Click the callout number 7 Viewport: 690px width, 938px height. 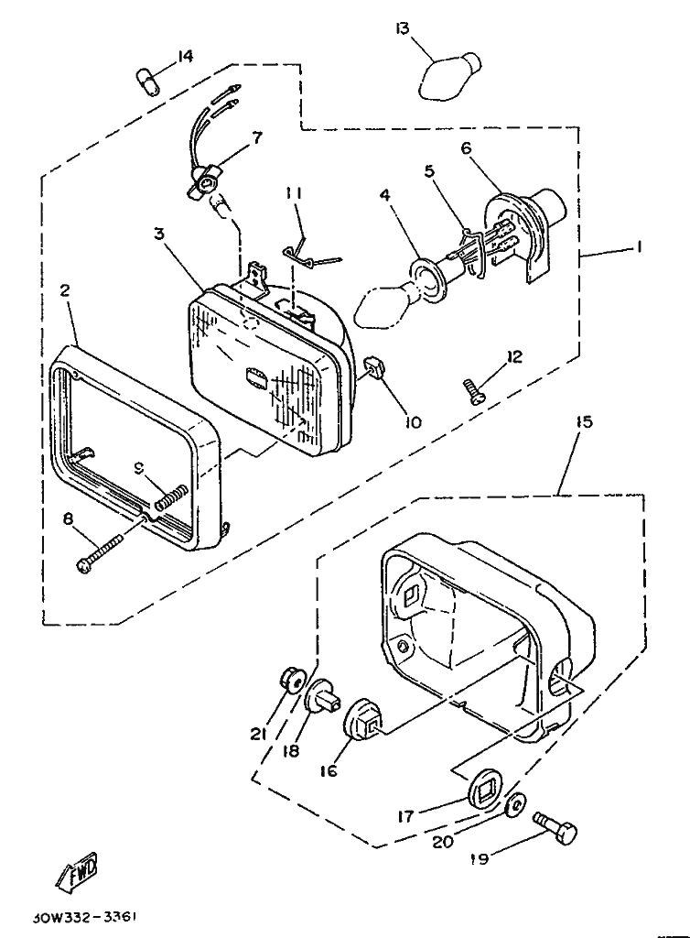[x=256, y=137]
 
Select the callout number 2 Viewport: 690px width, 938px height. [x=65, y=290]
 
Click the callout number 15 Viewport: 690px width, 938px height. [x=585, y=421]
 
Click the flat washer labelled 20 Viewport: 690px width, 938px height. [x=514, y=805]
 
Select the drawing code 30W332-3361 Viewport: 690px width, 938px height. [x=88, y=917]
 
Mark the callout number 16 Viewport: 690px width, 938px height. [x=328, y=771]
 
